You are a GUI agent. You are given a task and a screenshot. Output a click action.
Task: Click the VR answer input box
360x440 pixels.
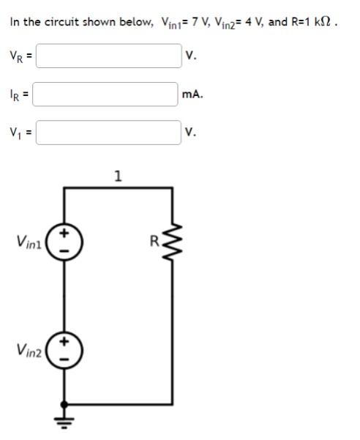108,56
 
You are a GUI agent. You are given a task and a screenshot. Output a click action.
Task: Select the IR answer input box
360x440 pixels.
107,94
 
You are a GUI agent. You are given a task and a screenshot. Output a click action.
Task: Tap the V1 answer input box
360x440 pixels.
108,133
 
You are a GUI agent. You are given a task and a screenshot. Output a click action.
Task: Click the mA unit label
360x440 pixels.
193,94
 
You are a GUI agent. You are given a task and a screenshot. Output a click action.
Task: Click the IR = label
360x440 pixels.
18,94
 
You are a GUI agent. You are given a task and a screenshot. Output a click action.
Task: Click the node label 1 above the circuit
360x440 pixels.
119,176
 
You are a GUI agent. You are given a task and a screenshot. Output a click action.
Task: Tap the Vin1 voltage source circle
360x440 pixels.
65,242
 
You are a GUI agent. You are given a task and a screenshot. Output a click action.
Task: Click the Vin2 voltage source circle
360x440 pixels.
65,351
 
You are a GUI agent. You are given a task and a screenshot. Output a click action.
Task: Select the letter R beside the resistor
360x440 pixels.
154,239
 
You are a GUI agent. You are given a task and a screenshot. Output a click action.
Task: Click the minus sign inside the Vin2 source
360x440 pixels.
65,360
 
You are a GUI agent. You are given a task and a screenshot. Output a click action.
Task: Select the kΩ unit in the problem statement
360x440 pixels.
319,21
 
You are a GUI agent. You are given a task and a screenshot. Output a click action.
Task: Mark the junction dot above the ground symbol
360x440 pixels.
65,403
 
